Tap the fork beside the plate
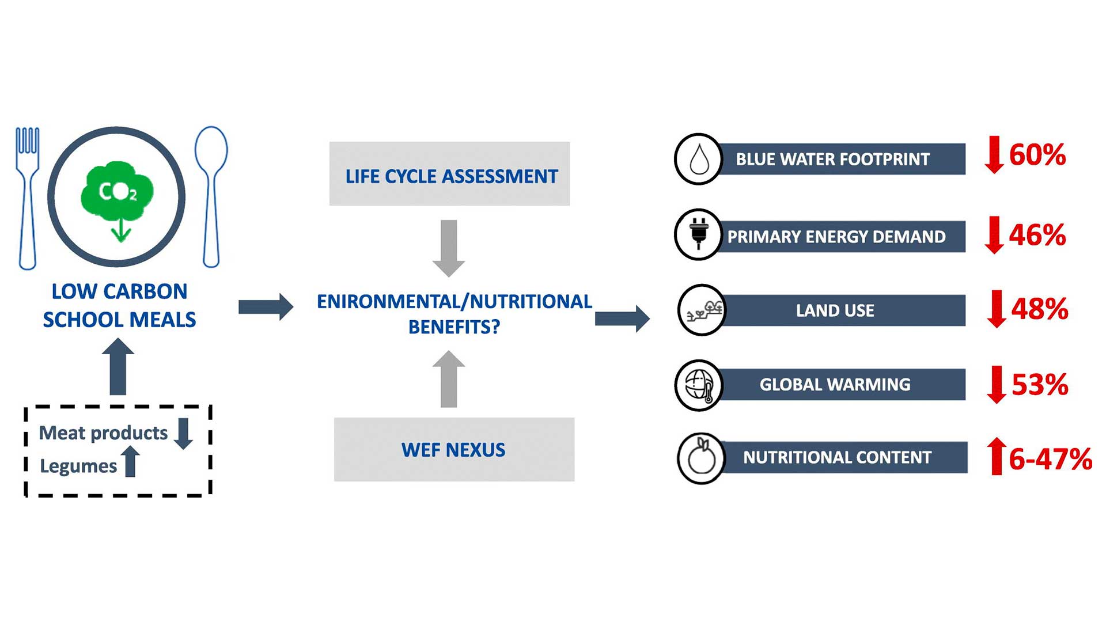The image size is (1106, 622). (x=27, y=196)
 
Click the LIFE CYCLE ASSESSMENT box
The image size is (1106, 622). (x=449, y=174)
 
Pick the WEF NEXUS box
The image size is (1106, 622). (x=454, y=449)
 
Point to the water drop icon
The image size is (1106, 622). (x=699, y=159)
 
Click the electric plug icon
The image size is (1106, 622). (x=699, y=234)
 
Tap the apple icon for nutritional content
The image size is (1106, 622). (x=701, y=458)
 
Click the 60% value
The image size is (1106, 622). (x=1037, y=155)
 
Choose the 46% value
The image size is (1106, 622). (x=1037, y=235)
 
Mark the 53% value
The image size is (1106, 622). (x=1040, y=385)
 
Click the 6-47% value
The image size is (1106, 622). (x=1050, y=459)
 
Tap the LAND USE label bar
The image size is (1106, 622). (x=835, y=310)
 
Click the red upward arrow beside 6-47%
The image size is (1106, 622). (x=997, y=456)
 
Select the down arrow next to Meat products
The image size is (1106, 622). (x=184, y=433)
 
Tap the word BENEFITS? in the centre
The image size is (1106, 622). (x=454, y=327)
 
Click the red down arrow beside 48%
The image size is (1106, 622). (x=997, y=309)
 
